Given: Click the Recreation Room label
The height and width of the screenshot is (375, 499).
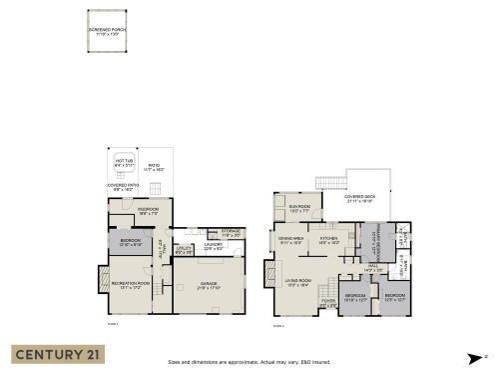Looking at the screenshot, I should pyautogui.click(x=130, y=286).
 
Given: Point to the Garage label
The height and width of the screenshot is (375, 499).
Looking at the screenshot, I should pyautogui.click(x=210, y=286).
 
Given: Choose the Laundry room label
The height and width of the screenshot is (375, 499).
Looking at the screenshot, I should pyautogui.click(x=213, y=246).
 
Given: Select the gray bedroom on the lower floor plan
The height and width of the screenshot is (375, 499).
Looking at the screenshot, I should pyautogui.click(x=130, y=242).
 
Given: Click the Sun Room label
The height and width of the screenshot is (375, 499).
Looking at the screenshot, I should pyautogui.click(x=300, y=210).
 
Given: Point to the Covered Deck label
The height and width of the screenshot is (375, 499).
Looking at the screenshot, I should pyautogui.click(x=359, y=199).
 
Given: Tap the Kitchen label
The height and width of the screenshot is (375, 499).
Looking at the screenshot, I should pyautogui.click(x=329, y=240).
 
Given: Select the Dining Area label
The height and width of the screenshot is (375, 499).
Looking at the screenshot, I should pyautogui.click(x=291, y=240).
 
